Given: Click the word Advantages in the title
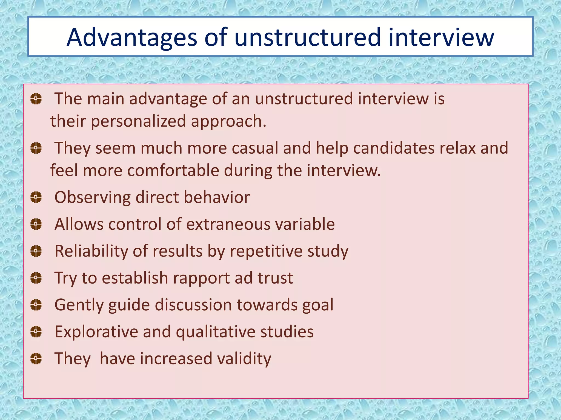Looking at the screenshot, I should [132, 37].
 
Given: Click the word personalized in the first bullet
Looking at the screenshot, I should [138, 121].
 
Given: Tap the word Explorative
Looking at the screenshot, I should [96, 332].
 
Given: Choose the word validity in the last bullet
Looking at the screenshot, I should [244, 358].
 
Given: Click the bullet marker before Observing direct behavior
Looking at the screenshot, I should [36, 197].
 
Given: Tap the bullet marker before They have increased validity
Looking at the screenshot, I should [36, 358].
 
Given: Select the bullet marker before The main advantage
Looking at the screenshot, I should [36, 99].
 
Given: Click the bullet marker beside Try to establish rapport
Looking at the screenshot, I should [36, 278].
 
